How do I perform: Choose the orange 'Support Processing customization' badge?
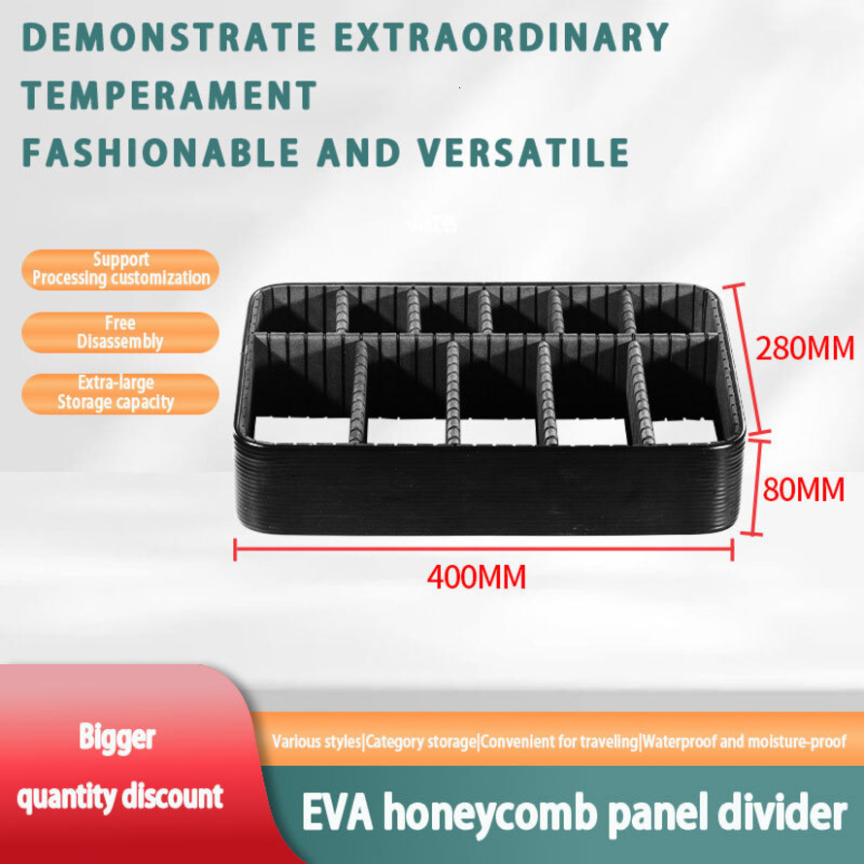(120, 269)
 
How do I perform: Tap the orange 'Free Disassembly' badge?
(120, 332)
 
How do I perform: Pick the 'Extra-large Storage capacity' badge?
(120, 392)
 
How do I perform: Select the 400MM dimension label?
(477, 579)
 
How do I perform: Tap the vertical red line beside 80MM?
(744, 486)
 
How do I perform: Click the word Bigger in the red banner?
(116, 737)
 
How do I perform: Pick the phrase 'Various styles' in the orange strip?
(316, 743)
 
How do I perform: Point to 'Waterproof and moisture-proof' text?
(745, 743)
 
